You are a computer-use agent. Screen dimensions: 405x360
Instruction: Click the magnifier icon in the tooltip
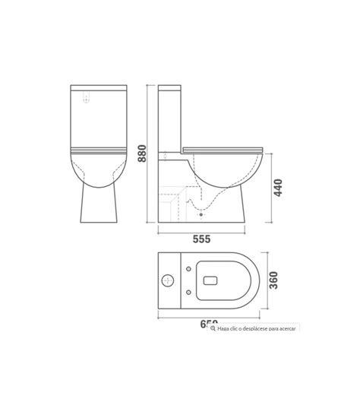point(213,328)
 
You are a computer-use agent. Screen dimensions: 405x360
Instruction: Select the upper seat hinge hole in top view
point(188,269)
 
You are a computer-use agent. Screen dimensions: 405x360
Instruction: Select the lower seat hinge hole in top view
point(188,293)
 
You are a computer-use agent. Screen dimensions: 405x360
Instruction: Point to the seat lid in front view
point(96,150)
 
